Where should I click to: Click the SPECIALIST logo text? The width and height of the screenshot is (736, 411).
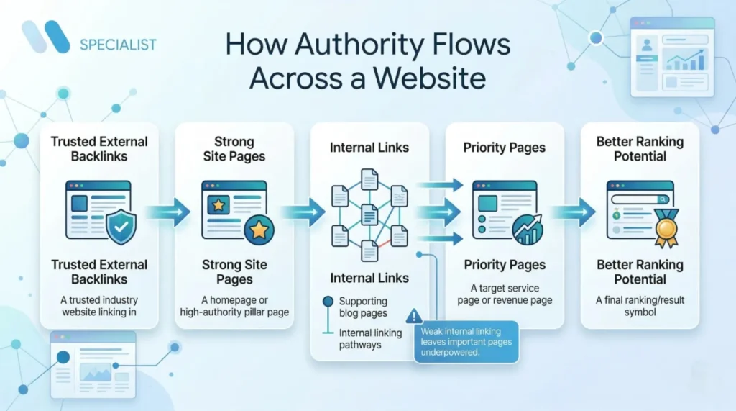pos(118,45)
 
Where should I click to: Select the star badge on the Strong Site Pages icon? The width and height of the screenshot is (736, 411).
pos(258,230)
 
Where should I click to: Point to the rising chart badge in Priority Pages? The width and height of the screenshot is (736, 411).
pos(528,230)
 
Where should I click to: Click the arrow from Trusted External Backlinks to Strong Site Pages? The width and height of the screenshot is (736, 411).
pos(167,212)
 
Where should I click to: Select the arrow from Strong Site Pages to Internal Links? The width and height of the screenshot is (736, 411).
pos(302,212)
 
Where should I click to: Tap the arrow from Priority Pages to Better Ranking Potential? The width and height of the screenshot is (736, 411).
pos(572,212)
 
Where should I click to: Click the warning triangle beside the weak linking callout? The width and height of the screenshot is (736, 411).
pos(414,316)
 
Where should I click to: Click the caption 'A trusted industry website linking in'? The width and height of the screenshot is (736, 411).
pos(99,306)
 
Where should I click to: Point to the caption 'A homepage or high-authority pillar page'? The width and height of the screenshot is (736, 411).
pos(234,306)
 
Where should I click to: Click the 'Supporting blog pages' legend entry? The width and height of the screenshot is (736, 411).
pos(362,307)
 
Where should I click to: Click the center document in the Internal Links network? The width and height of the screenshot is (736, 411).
pos(369,214)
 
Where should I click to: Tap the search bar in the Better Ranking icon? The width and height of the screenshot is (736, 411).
pos(639,199)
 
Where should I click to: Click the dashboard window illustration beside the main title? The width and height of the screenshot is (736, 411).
pos(671,57)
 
